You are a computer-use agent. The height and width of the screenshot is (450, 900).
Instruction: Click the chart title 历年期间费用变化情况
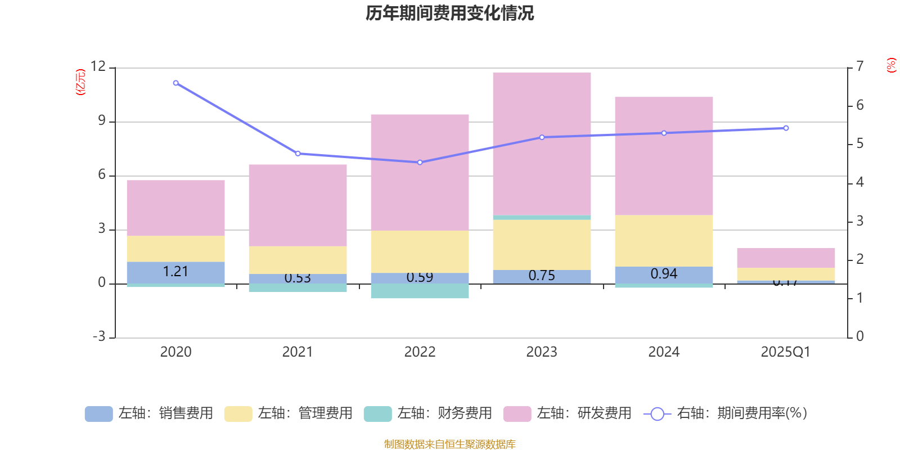(449, 13)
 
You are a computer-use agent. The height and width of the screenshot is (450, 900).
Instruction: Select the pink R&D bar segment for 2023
(542, 143)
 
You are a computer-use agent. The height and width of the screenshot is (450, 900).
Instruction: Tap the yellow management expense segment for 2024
(664, 241)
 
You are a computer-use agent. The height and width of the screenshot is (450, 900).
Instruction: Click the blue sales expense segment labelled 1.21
(175, 272)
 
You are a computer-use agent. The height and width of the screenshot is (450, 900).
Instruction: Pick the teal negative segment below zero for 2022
(420, 291)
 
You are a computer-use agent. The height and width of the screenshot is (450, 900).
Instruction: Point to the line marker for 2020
(176, 83)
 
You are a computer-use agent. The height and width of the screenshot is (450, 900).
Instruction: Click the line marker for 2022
(420, 163)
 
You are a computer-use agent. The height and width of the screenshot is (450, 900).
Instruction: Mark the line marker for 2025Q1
(786, 128)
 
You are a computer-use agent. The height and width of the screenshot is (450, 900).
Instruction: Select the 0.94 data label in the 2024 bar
(664, 274)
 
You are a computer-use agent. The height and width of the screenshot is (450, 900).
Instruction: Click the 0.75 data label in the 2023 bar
(542, 276)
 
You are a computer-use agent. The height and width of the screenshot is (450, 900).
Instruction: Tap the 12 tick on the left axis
(98, 66)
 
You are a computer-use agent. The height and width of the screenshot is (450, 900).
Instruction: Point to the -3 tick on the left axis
(98, 336)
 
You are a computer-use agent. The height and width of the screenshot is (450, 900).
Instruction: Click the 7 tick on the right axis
(859, 66)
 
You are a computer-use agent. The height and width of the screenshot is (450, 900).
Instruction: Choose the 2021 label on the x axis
(298, 352)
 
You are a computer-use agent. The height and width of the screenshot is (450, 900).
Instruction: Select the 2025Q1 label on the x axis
(785, 352)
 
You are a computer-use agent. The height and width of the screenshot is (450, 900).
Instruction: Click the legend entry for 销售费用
(149, 413)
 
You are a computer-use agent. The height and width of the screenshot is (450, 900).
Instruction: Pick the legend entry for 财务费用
(428, 413)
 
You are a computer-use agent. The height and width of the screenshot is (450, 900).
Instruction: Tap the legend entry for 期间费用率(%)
(726, 413)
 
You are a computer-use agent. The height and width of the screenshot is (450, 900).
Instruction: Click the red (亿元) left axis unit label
(80, 82)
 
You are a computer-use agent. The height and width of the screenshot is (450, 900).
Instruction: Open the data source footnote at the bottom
(449, 444)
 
